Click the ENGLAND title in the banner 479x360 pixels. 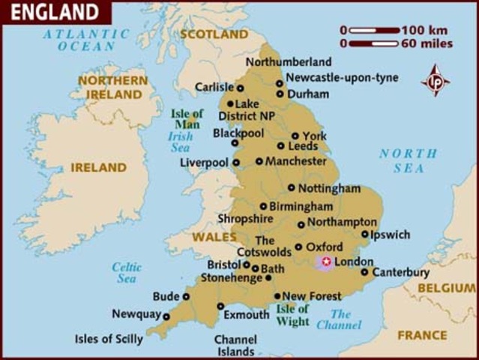click(54, 12)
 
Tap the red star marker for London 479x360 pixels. click(325, 262)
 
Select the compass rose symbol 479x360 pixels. click(436, 80)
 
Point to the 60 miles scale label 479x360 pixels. click(427, 43)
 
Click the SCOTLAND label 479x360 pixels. click(214, 34)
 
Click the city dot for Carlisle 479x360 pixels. click(240, 88)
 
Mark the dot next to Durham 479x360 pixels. click(280, 94)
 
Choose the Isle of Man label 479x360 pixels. click(185, 118)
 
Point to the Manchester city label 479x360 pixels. click(297, 160)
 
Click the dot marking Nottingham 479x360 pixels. click(291, 188)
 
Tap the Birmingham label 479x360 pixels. click(301, 206)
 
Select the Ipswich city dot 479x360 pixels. click(364, 235)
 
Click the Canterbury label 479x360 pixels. click(401, 272)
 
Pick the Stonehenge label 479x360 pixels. click(232, 278)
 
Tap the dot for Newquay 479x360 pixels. click(166, 316)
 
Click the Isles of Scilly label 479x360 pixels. click(109, 339)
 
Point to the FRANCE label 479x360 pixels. click(422, 335)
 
